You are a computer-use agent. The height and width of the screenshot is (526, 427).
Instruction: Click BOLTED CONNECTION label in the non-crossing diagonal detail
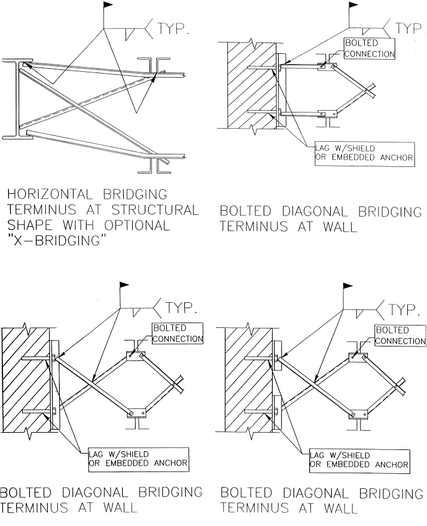(370, 48)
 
